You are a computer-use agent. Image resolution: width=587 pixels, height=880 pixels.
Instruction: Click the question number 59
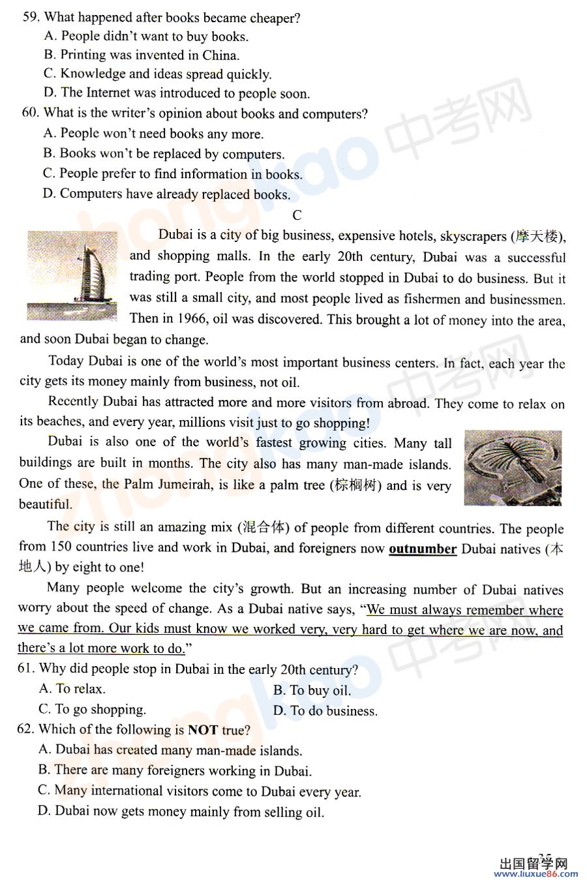31,18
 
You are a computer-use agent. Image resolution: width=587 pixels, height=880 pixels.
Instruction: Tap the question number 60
30,113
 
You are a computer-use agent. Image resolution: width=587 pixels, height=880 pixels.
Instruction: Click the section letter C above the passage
297,215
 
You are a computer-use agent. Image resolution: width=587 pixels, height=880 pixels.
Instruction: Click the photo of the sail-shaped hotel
72,275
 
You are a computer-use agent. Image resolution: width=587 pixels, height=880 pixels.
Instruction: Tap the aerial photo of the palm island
513,468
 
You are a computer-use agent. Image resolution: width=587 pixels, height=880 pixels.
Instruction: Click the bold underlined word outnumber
422,549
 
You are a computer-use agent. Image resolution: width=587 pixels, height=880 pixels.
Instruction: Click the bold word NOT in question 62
202,730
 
